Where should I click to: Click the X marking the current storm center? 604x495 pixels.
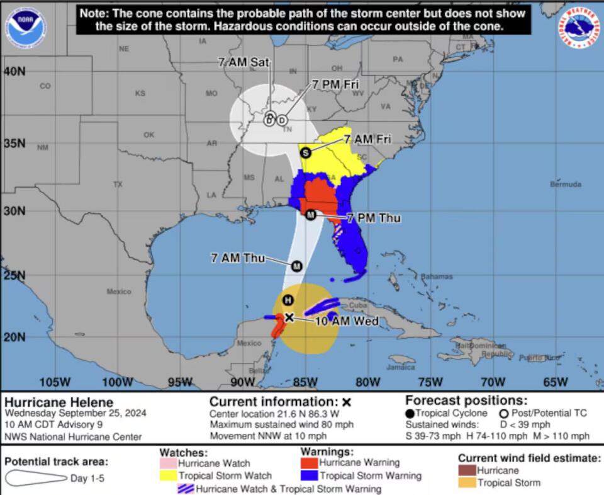pyautogui.click(x=289, y=317)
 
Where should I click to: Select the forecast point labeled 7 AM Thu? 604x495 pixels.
pyautogui.click(x=296, y=266)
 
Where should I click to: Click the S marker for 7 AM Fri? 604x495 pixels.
pyautogui.click(x=306, y=152)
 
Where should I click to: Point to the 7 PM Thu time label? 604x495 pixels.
pyautogui.click(x=374, y=218)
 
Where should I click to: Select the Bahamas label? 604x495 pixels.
pyautogui.click(x=437, y=276)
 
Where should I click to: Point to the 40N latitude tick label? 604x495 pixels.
pyautogui.click(x=13, y=71)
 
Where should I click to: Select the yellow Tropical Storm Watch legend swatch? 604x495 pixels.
pyautogui.click(x=168, y=475)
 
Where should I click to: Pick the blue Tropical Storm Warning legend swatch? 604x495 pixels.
pyautogui.click(x=309, y=476)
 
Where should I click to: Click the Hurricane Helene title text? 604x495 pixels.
pyautogui.click(x=59, y=402)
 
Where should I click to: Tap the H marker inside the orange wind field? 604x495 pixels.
pyautogui.click(x=288, y=299)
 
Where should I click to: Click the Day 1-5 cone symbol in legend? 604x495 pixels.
pyautogui.click(x=35, y=479)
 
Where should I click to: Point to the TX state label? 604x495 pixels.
pyautogui.click(x=118, y=185)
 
